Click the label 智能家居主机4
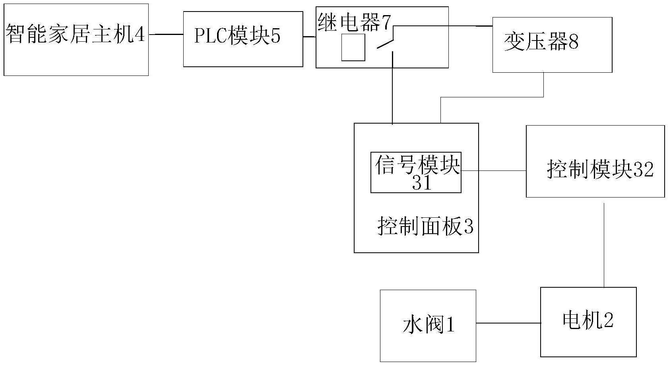pyautogui.click(x=75, y=34)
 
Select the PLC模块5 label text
pyautogui.click(x=237, y=36)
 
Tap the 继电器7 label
pyautogui.click(x=355, y=22)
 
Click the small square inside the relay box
pyautogui.click(x=353, y=47)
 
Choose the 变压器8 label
pyautogui.click(x=541, y=41)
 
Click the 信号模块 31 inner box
pyautogui.click(x=416, y=172)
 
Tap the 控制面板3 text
pyautogui.click(x=426, y=226)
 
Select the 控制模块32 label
pyautogui.click(x=600, y=169)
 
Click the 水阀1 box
pyautogui.click(x=428, y=326)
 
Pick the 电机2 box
pyautogui.click(x=588, y=322)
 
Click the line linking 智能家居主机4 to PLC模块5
pyautogui.click(x=166, y=34)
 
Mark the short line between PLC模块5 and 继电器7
pyautogui.click(x=309, y=37)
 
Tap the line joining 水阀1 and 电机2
pyautogui.click(x=508, y=323)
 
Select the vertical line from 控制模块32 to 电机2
pyautogui.click(x=604, y=246)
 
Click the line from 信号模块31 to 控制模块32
pyautogui.click(x=494, y=171)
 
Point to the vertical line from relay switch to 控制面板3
pyautogui.click(x=392, y=88)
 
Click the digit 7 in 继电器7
pyautogui.click(x=386, y=22)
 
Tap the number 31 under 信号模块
pyautogui.click(x=422, y=183)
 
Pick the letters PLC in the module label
pyautogui.click(x=210, y=36)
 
